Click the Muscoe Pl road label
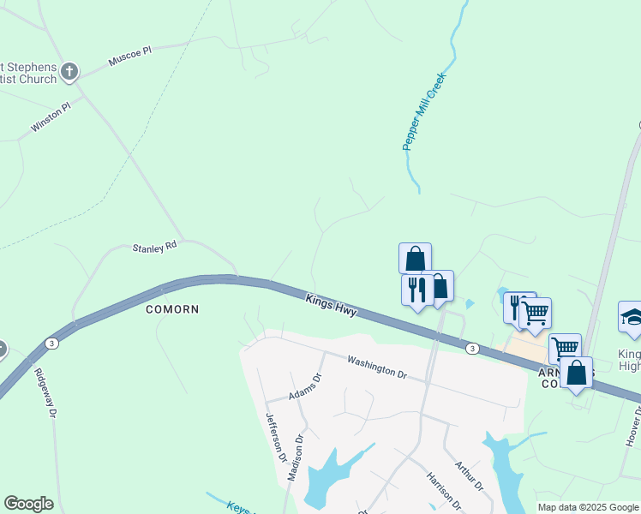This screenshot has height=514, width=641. click(x=129, y=57)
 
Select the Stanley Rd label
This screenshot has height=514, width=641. click(x=154, y=247)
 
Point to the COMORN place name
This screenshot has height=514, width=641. click(x=171, y=309)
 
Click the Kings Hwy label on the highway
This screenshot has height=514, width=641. click(x=331, y=307)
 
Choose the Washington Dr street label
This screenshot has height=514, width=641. click(x=376, y=367)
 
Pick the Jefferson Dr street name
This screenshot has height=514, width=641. click(x=274, y=437)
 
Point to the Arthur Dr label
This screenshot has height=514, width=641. click(x=470, y=477)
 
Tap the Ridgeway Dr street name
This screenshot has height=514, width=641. click(x=45, y=391)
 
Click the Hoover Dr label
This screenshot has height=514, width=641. click(x=632, y=427)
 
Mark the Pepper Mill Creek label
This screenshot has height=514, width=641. click(x=426, y=111)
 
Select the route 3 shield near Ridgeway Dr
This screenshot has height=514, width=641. click(x=52, y=344)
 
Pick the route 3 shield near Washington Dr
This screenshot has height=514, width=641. click(x=472, y=349)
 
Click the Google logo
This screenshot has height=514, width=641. click(x=28, y=504)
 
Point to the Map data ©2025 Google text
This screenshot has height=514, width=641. click(x=588, y=507)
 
